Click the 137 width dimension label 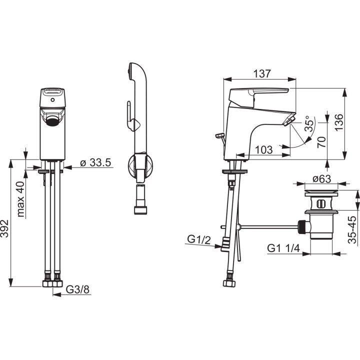pos(262,74)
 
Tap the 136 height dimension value pos(339,122)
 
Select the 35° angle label pos(309,124)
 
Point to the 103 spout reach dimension pos(264,150)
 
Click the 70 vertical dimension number pos(321,142)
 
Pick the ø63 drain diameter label pos(322,179)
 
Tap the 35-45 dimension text pos(352,229)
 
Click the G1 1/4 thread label pos(283,248)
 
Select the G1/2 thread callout pos(199,240)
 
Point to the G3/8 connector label pos(77,289)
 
